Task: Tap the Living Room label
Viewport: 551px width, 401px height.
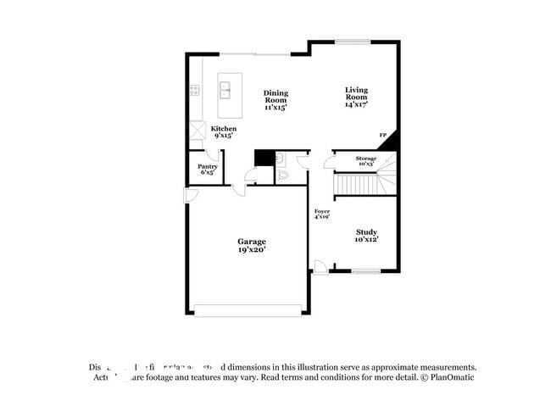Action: (x=356, y=97)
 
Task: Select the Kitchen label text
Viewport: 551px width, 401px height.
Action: (x=224, y=131)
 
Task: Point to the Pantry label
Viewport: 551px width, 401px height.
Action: (x=208, y=169)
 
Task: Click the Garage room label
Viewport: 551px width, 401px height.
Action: (x=252, y=245)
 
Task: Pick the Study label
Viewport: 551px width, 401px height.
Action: (x=366, y=236)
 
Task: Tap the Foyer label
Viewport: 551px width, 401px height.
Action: (x=322, y=214)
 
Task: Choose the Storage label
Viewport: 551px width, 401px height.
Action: (x=365, y=161)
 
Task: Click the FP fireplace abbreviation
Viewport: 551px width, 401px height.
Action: (x=382, y=136)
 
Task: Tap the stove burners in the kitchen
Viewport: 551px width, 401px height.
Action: (x=195, y=90)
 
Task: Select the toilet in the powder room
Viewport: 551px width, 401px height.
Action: (x=284, y=175)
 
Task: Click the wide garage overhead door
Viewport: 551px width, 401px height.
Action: (x=248, y=310)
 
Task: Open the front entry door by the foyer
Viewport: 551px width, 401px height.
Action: (x=320, y=268)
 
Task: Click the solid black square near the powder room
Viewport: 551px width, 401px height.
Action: (x=264, y=159)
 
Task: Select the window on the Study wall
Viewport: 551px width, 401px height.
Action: (x=365, y=271)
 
